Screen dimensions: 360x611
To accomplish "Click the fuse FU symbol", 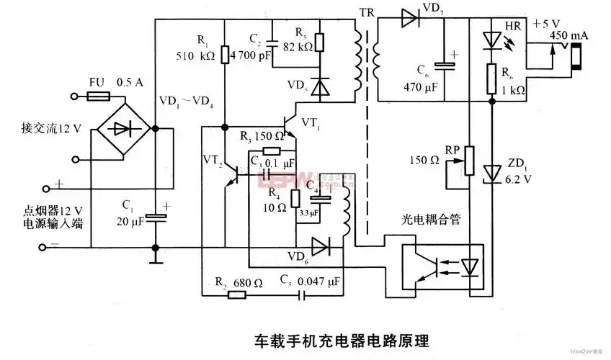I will pyautogui.click(x=99, y=96).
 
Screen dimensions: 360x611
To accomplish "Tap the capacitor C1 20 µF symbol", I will pyautogui.click(x=155, y=215).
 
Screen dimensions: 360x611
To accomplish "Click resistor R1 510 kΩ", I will pyautogui.click(x=225, y=54).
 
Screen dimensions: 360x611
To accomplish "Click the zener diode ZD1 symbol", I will pyautogui.click(x=492, y=172).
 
